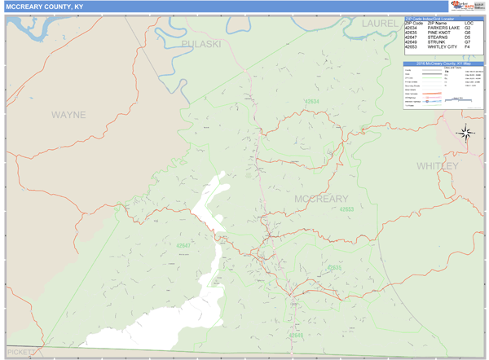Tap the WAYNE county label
[x=68, y=115]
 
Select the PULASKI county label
[x=201, y=43]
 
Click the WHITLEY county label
[x=438, y=165]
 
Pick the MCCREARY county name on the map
[x=321, y=199]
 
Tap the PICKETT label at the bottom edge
[x=21, y=352]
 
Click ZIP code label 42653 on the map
[x=347, y=209]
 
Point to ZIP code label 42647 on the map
[x=183, y=244]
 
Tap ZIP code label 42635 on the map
[x=334, y=267]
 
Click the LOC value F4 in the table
[x=467, y=46]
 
